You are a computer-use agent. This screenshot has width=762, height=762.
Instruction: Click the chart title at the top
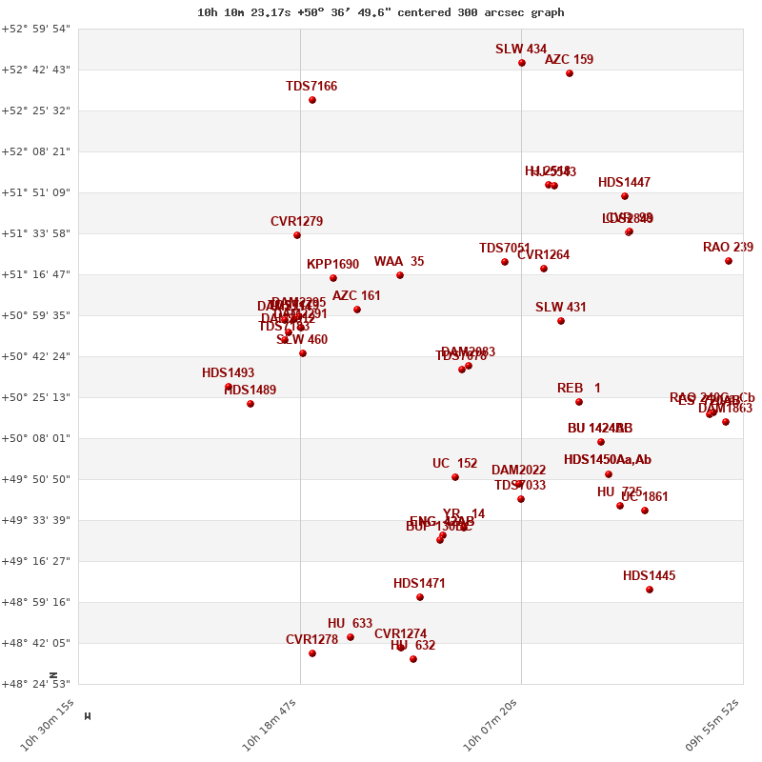(x=380, y=12)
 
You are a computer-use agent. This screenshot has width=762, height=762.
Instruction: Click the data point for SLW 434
(x=522, y=63)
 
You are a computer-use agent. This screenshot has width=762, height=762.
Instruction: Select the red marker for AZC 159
(x=570, y=73)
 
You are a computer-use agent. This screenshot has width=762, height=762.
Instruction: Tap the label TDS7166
(x=311, y=87)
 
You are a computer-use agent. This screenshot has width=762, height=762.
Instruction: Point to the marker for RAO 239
(x=729, y=261)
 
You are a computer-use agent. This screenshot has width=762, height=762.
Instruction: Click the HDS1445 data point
(x=650, y=590)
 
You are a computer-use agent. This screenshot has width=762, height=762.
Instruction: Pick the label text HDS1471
(x=419, y=584)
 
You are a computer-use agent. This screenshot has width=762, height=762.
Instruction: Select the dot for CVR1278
(x=312, y=653)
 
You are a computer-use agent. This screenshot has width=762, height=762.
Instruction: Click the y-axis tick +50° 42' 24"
(x=35, y=356)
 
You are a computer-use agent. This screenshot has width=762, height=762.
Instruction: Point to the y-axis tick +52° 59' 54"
(x=35, y=29)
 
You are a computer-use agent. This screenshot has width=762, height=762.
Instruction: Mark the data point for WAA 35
(x=400, y=275)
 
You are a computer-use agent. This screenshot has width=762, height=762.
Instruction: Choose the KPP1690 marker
(x=333, y=278)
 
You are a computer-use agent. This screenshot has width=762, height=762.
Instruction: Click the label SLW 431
(x=561, y=308)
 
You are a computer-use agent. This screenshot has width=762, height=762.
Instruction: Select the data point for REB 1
(x=579, y=402)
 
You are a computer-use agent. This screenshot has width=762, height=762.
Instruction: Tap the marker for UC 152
(x=455, y=477)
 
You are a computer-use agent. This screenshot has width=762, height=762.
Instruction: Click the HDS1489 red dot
(x=251, y=404)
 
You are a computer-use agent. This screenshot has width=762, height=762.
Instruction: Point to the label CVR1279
(x=296, y=222)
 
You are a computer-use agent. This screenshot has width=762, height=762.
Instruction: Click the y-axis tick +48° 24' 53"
(x=35, y=683)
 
